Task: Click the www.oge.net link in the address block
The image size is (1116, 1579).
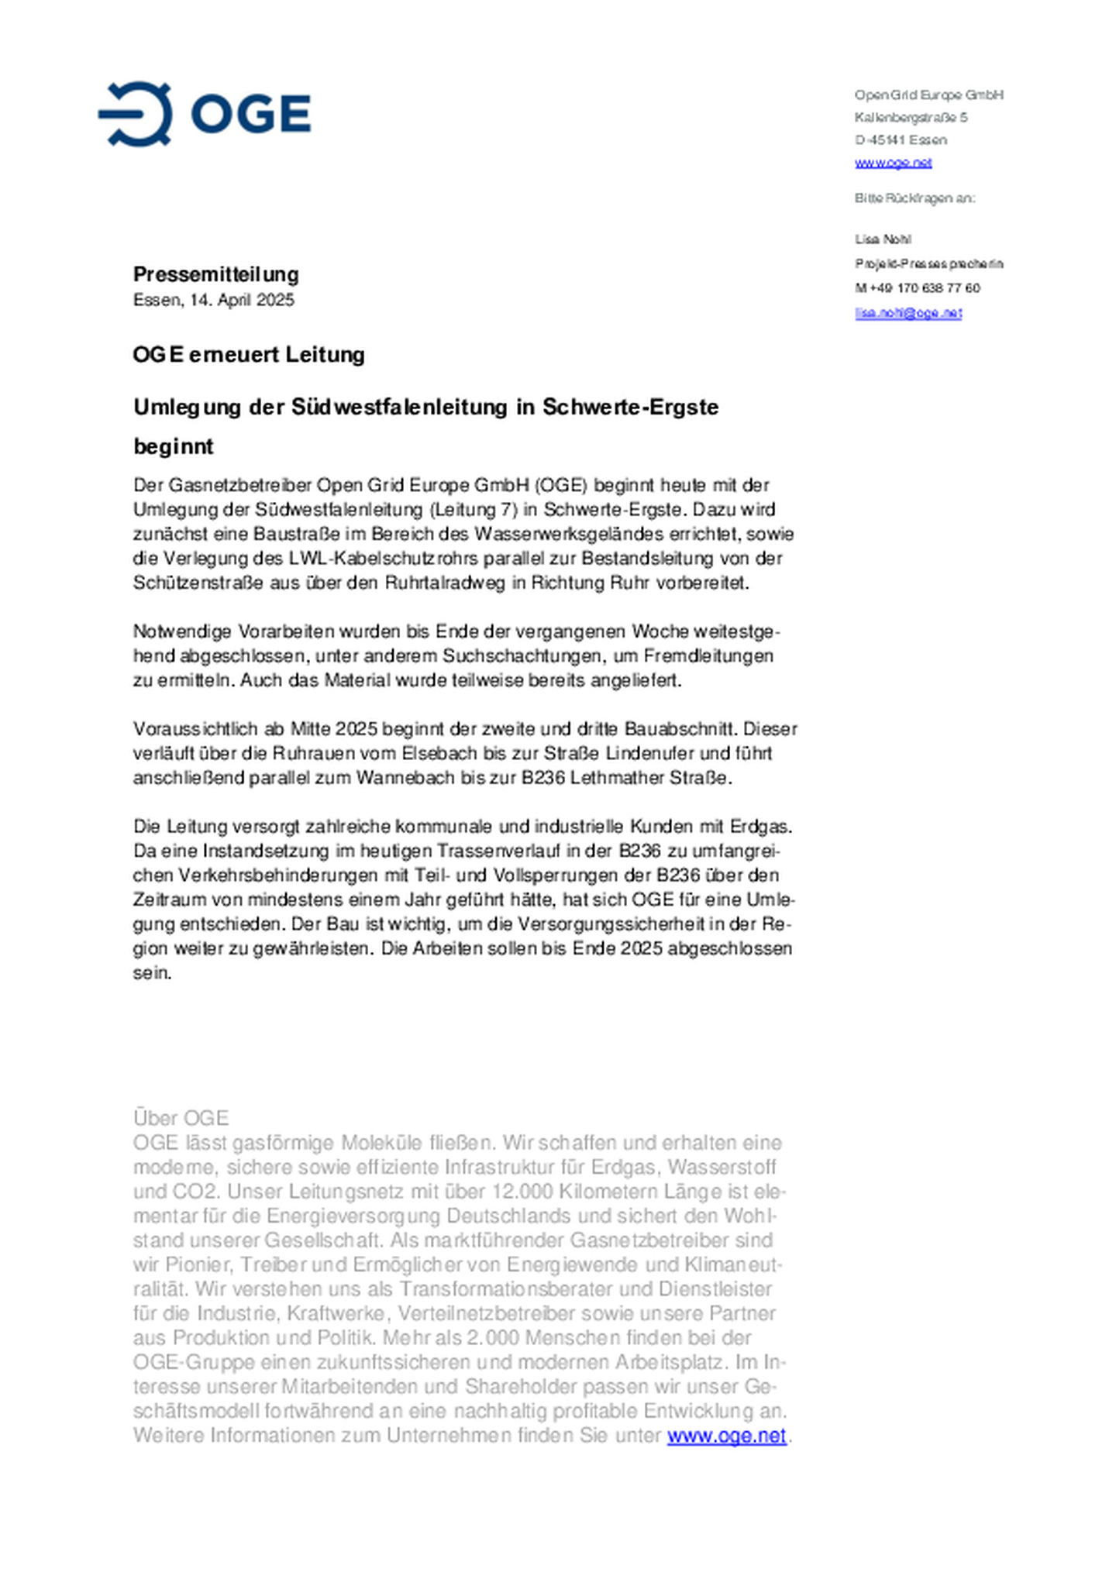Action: (893, 163)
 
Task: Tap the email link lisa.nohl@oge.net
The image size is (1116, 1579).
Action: (908, 313)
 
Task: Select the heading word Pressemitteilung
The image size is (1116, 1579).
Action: (215, 274)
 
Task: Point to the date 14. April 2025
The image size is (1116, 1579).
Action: (242, 300)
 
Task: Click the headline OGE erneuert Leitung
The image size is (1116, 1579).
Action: (249, 355)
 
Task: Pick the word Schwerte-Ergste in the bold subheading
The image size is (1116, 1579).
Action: (630, 407)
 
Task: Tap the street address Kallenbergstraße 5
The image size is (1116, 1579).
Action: (911, 118)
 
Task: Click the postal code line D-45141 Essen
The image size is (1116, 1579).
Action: (901, 140)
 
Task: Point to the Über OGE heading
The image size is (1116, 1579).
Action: (181, 1118)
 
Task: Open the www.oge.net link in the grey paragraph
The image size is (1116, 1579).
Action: (726, 1436)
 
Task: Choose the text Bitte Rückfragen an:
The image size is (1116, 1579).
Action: (914, 198)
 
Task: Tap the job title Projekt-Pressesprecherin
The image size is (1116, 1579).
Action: (929, 264)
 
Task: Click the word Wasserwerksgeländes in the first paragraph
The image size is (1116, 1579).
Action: (580, 534)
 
